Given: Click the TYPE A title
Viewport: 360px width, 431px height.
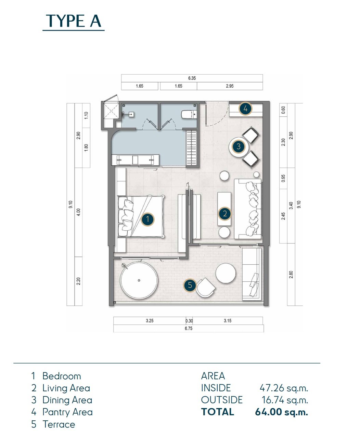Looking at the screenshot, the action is (74, 21).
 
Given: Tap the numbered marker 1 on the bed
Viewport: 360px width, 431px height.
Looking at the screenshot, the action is (148, 219).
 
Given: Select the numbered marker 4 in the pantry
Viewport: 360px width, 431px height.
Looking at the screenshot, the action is (245, 109).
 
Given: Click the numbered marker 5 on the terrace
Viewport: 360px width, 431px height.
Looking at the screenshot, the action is (190, 285).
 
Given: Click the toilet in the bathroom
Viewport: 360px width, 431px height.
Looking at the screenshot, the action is (189, 115).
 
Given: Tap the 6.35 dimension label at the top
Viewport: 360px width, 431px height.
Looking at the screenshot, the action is (192, 78).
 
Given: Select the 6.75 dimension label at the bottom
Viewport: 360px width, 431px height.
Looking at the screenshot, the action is (189, 328).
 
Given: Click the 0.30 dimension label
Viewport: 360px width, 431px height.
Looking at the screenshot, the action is (189, 321).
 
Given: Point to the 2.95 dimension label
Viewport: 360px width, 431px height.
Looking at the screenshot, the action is (230, 86).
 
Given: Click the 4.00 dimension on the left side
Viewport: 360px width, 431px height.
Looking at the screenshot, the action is (78, 212).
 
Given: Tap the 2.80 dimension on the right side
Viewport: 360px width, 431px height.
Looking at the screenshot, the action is (291, 275).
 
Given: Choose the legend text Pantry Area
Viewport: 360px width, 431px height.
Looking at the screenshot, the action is (67, 412).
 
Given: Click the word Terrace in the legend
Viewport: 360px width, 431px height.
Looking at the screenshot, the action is (59, 424).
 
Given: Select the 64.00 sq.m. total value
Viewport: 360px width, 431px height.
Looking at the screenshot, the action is (281, 412).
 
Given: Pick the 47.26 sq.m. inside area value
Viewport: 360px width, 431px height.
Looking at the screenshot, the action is (284, 388).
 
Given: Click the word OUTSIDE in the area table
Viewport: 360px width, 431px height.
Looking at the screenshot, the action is (222, 400).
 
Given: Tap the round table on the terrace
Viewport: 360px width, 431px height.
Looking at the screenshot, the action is (226, 273).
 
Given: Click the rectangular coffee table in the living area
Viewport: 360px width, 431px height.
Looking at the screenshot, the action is (224, 209).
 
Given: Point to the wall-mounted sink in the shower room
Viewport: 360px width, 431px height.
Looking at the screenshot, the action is (131, 114).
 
